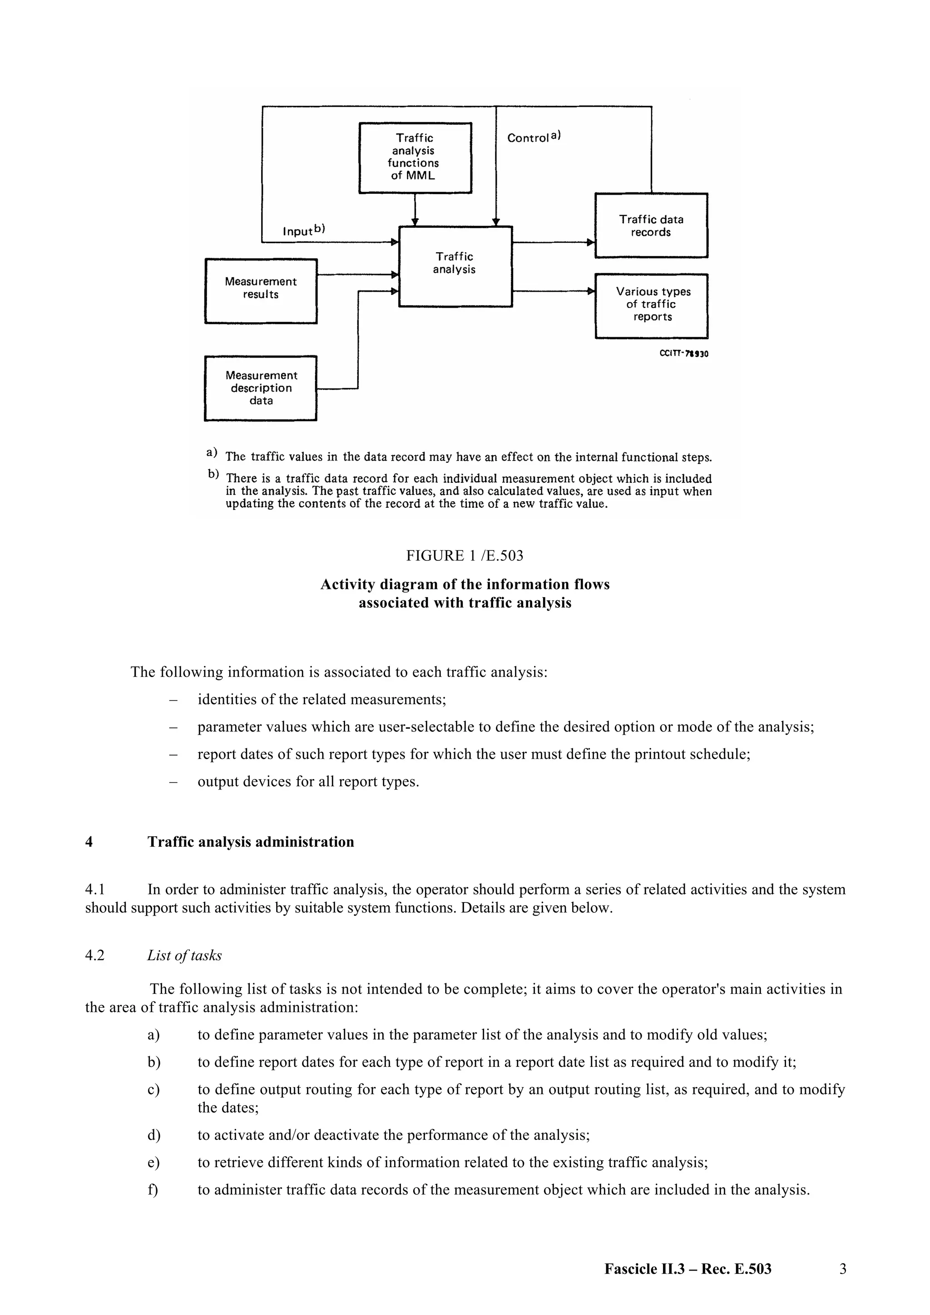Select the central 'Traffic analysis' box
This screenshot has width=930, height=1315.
[x=455, y=266]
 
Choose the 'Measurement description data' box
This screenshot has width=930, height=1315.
[x=261, y=388]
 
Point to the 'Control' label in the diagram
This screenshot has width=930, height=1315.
[x=528, y=138]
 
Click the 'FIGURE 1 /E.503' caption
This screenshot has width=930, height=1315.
[x=465, y=555]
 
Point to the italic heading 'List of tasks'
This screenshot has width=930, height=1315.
[x=184, y=955]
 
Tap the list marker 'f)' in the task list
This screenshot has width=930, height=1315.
[x=153, y=1190]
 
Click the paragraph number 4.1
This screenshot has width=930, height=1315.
[x=94, y=889]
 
